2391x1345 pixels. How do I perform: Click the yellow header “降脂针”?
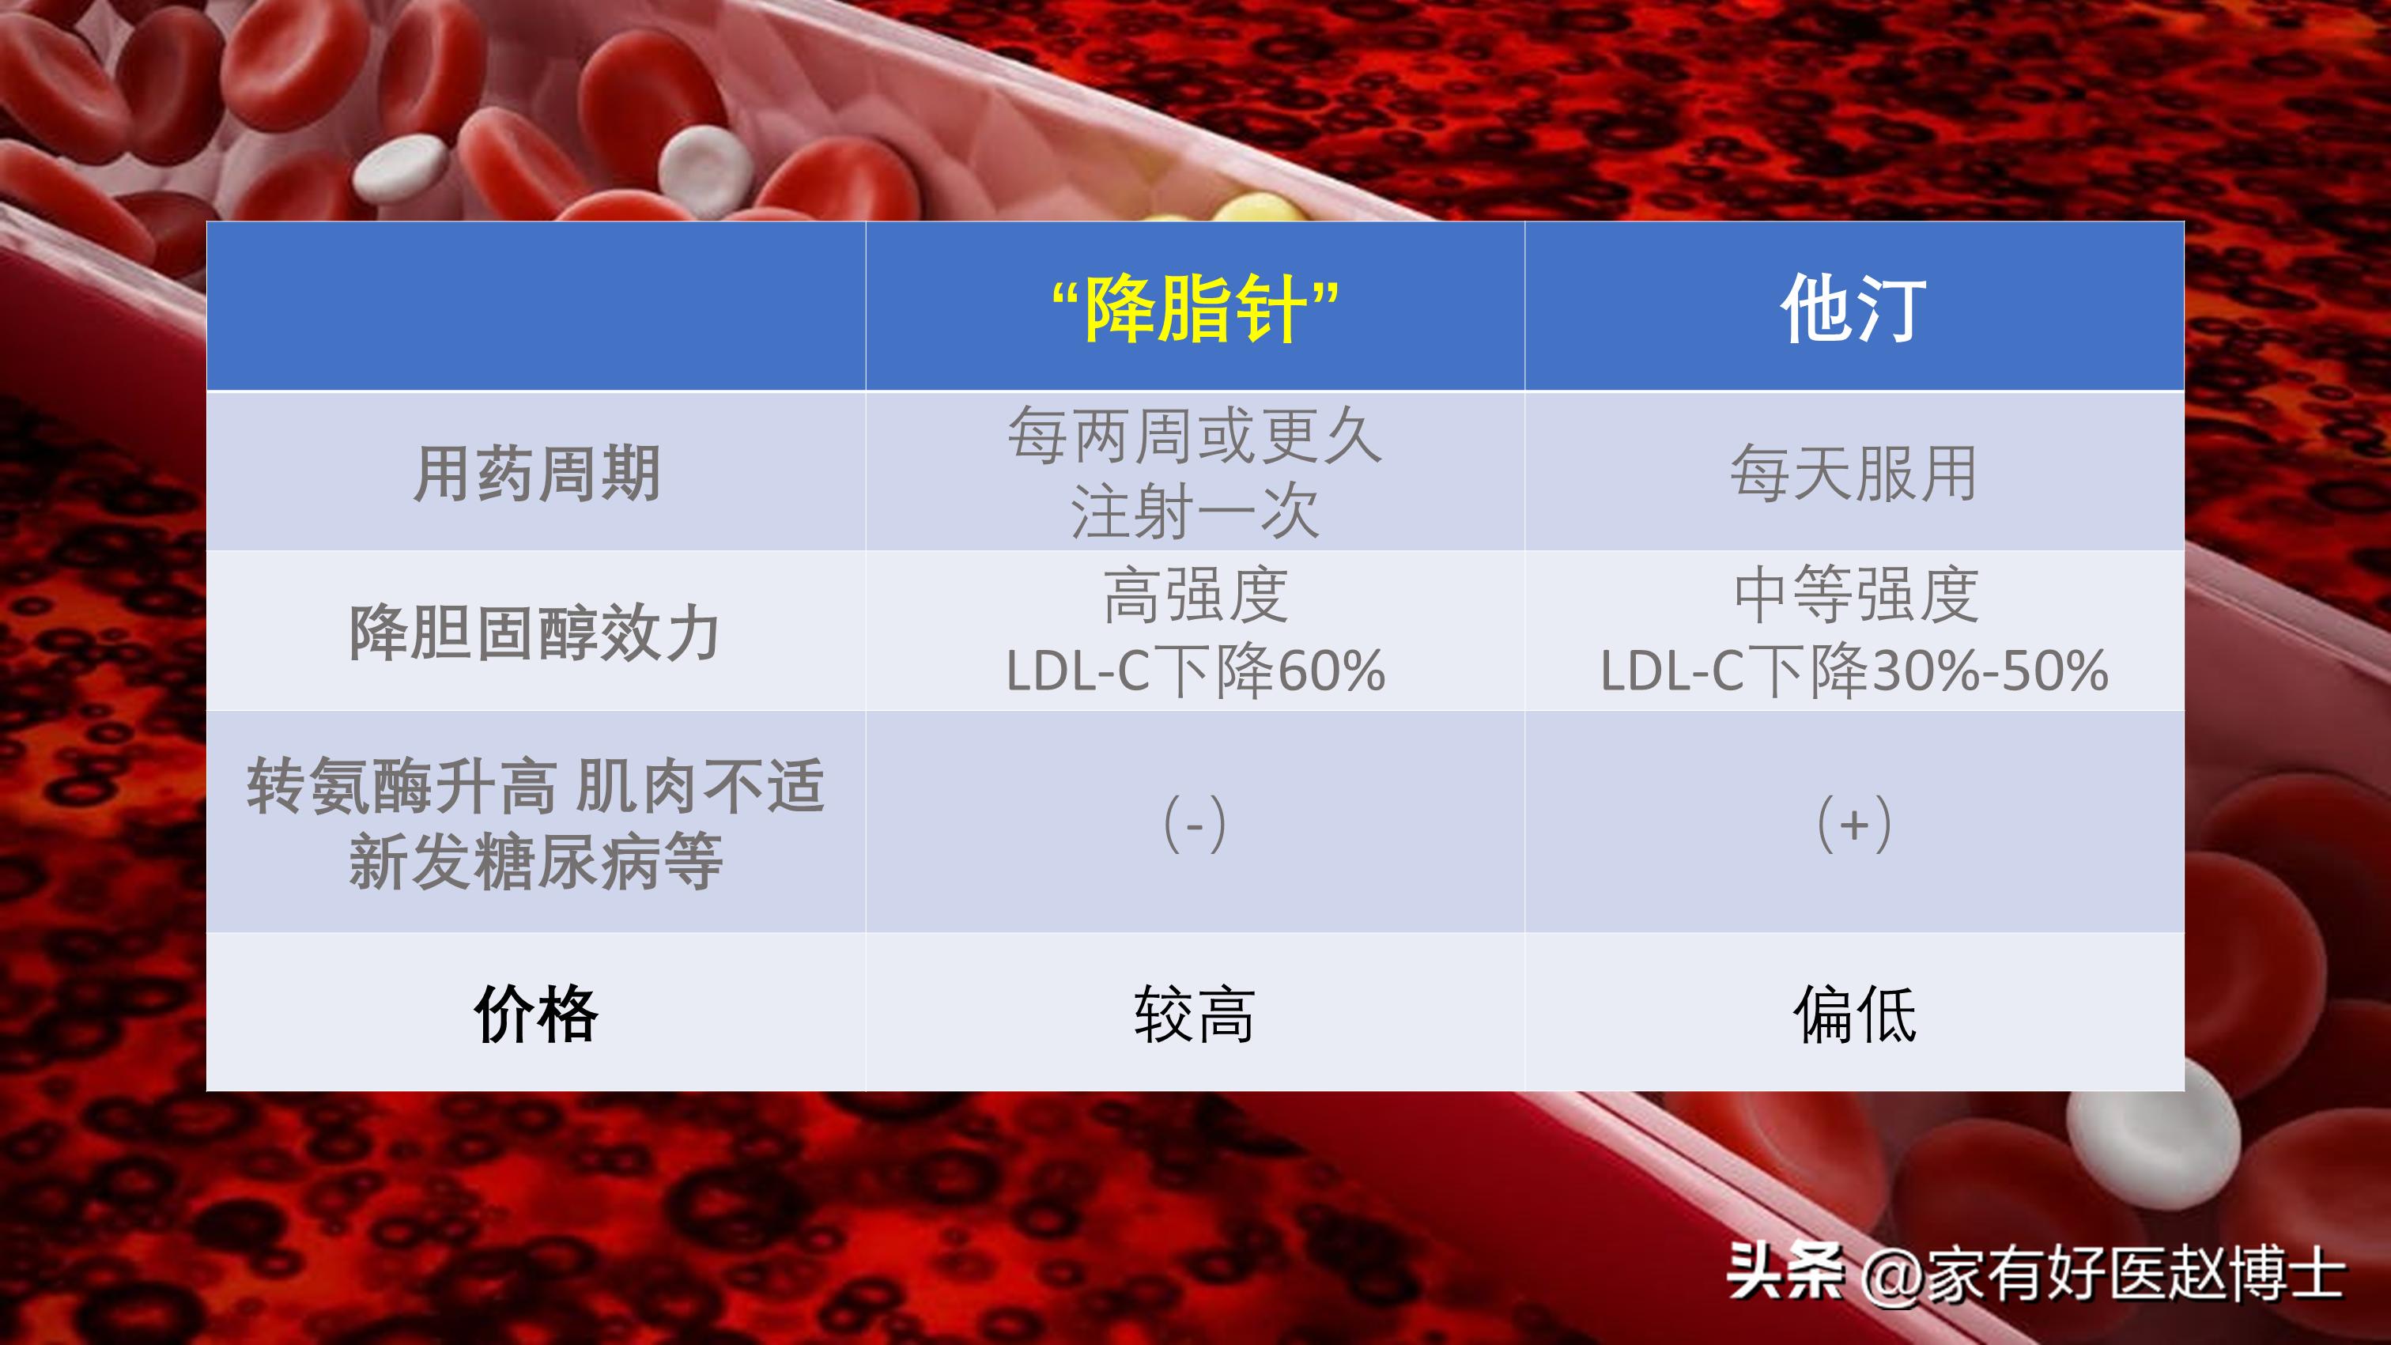pyautogui.click(x=1195, y=310)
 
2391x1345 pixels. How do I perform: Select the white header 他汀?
pyautogui.click(x=1853, y=310)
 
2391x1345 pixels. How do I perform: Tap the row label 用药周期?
pyautogui.click(x=537, y=474)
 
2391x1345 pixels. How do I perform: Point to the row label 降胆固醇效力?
pyautogui.click(x=534, y=633)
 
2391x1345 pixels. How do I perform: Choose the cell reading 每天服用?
pyautogui.click(x=1853, y=474)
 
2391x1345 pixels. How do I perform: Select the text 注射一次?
pyautogui.click(x=1195, y=512)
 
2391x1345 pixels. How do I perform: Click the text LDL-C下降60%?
pyautogui.click(x=1195, y=671)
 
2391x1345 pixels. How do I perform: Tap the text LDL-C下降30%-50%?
pyautogui.click(x=1853, y=671)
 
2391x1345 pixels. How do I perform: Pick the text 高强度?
pyautogui.click(x=1195, y=595)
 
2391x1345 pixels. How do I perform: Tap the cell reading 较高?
pyautogui.click(x=1195, y=1014)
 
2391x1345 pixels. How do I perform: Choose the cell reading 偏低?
pyautogui.click(x=1854, y=1014)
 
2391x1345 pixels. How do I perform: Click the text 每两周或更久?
pyautogui.click(x=1195, y=436)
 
